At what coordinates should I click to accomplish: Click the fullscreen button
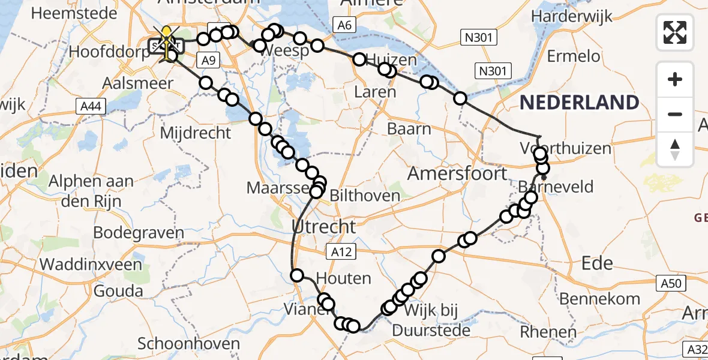[x=675, y=32]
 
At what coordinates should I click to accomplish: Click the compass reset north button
[x=675, y=149]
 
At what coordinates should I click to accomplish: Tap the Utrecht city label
[x=323, y=227]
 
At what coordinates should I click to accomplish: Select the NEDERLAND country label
[x=579, y=103]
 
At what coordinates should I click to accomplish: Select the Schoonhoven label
[x=189, y=344]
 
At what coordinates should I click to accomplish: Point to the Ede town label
[x=598, y=263]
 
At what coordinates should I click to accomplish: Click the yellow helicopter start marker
[x=166, y=42]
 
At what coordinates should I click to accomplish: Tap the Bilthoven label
[x=365, y=196]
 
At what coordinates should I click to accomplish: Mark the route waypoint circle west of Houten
[x=297, y=275]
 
